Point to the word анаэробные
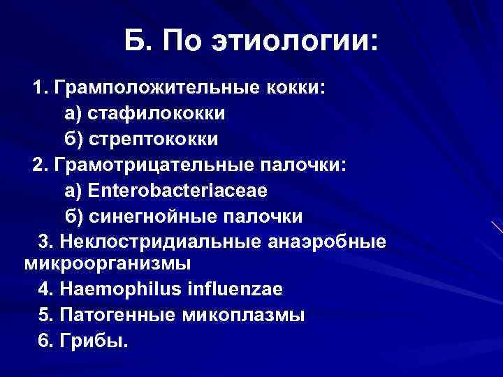pos(326,242)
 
